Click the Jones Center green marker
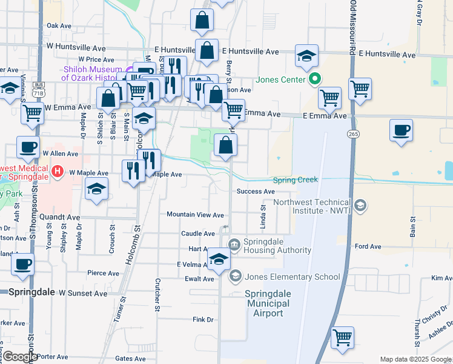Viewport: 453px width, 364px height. (x=314, y=79)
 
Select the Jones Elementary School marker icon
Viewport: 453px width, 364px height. (x=234, y=277)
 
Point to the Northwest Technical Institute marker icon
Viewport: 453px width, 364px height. (x=360, y=206)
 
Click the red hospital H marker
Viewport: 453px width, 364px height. (x=58, y=172)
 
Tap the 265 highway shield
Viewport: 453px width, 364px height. (x=351, y=133)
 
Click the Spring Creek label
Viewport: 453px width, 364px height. (x=295, y=180)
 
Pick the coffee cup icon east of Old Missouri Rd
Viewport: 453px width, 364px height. (x=401, y=130)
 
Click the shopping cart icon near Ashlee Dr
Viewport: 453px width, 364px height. (x=343, y=337)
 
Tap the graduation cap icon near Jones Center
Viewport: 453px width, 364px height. (x=307, y=57)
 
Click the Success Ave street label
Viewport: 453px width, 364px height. (x=256, y=192)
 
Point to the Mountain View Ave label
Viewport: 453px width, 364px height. (x=195, y=215)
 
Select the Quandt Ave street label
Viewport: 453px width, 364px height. (x=59, y=217)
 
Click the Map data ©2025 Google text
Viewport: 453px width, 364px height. (x=415, y=359)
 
